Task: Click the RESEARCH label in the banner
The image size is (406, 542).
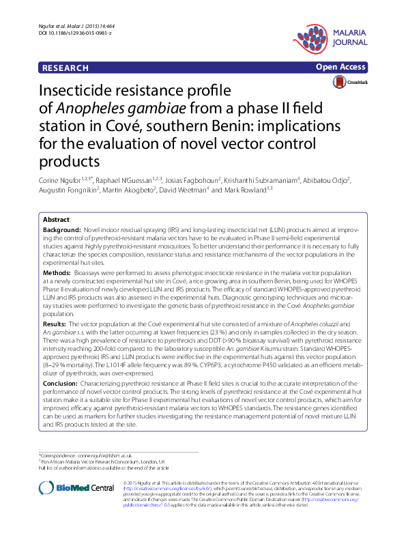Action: tap(66, 68)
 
